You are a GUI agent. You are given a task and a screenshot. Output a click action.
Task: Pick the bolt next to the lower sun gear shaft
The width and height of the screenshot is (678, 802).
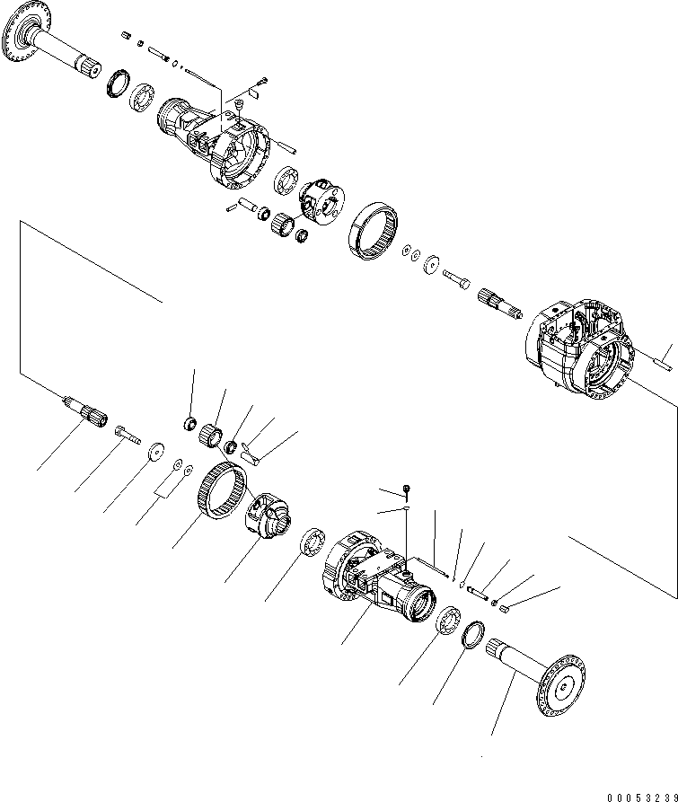127,436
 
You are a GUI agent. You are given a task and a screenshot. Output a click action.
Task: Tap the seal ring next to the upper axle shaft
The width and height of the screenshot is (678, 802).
116,84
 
